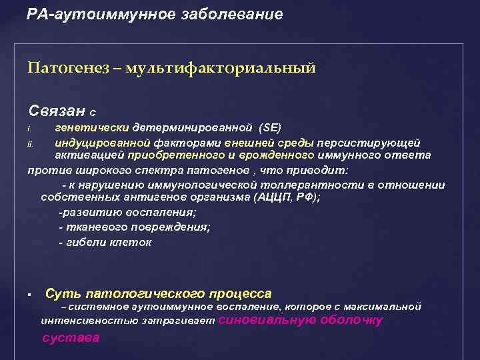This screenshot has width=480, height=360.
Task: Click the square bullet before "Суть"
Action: [31, 295]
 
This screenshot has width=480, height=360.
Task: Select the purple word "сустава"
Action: [70, 337]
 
